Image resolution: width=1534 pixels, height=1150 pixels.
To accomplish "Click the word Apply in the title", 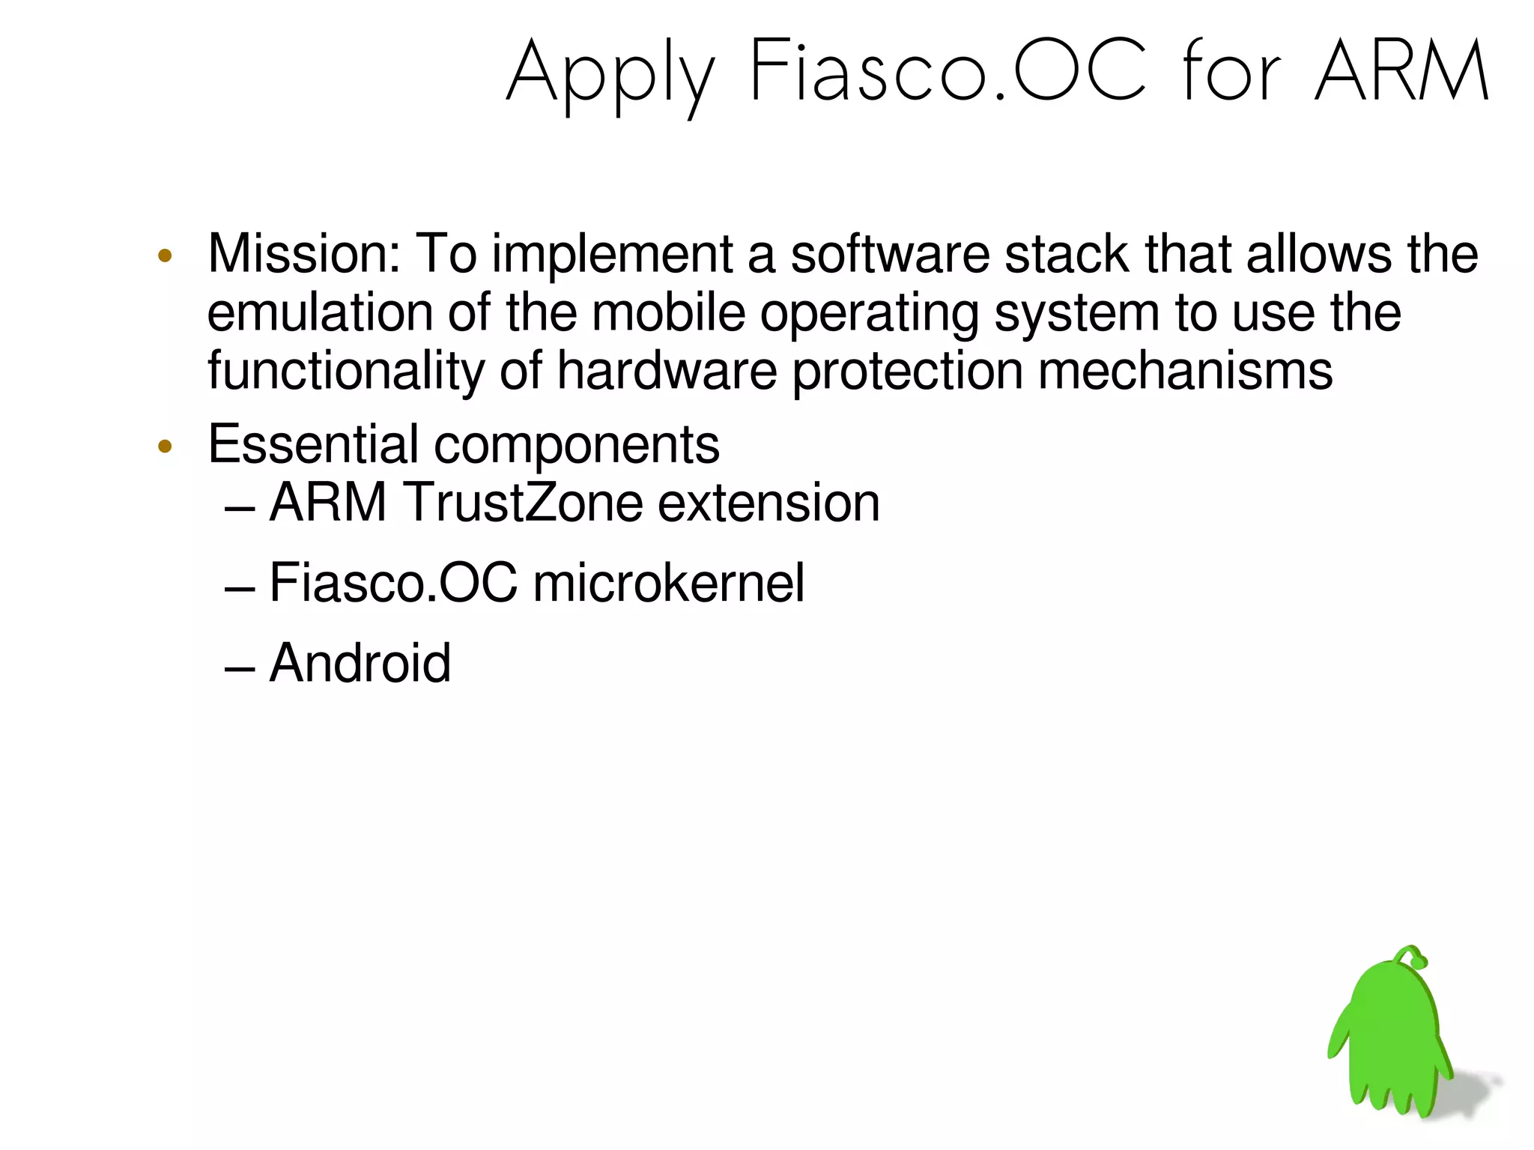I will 610,75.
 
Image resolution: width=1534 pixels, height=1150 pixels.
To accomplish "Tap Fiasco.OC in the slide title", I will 948,72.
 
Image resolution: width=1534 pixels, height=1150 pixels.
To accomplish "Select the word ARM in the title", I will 1401,72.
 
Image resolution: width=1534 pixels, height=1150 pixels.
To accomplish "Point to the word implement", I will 612,255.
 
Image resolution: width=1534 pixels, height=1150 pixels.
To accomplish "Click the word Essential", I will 313,444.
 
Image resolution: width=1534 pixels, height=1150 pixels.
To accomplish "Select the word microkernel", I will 668,583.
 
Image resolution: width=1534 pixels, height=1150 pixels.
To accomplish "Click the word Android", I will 360,663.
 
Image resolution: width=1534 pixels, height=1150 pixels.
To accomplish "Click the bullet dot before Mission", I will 166,256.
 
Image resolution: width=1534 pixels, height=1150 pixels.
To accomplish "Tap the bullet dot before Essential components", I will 166,447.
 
